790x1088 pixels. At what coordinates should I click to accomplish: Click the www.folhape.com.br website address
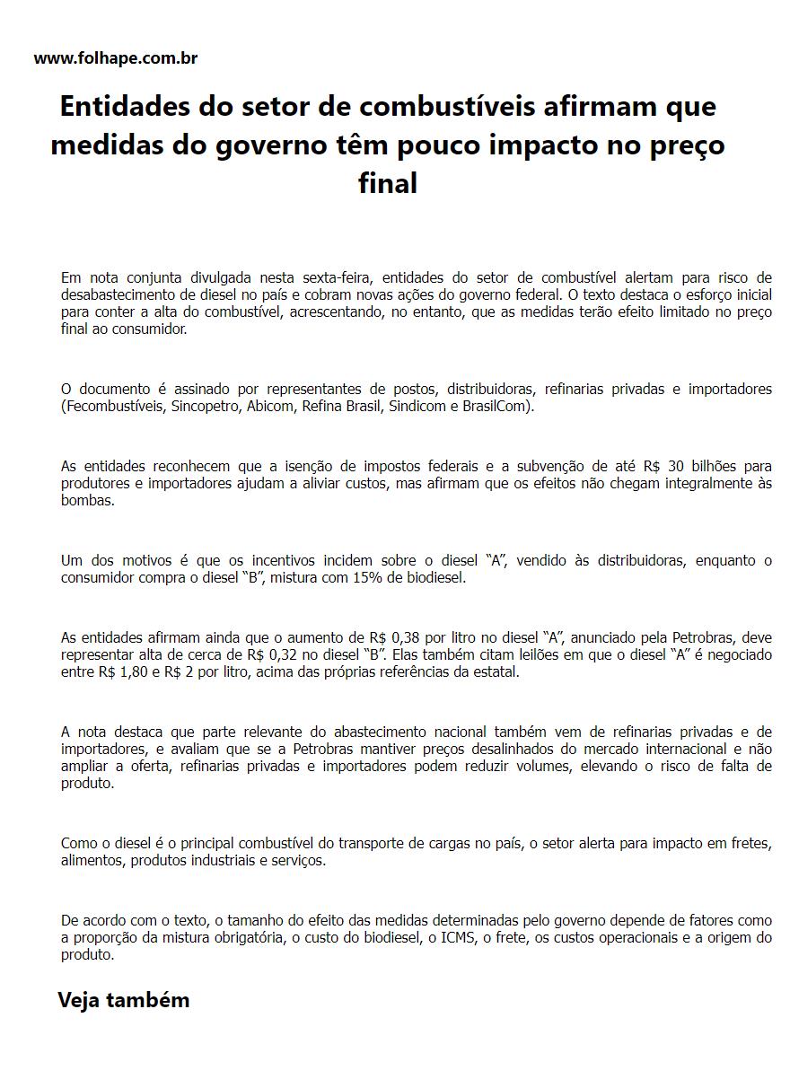coord(116,58)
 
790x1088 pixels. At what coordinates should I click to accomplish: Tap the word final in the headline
coord(388,183)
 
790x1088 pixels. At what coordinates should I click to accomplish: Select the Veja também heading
coord(124,1000)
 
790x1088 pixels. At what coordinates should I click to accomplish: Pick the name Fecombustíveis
coord(113,406)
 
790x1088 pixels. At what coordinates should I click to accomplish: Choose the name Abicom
coord(271,406)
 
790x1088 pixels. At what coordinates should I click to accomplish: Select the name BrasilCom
coord(496,406)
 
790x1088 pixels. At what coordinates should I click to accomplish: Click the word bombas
coord(87,500)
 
